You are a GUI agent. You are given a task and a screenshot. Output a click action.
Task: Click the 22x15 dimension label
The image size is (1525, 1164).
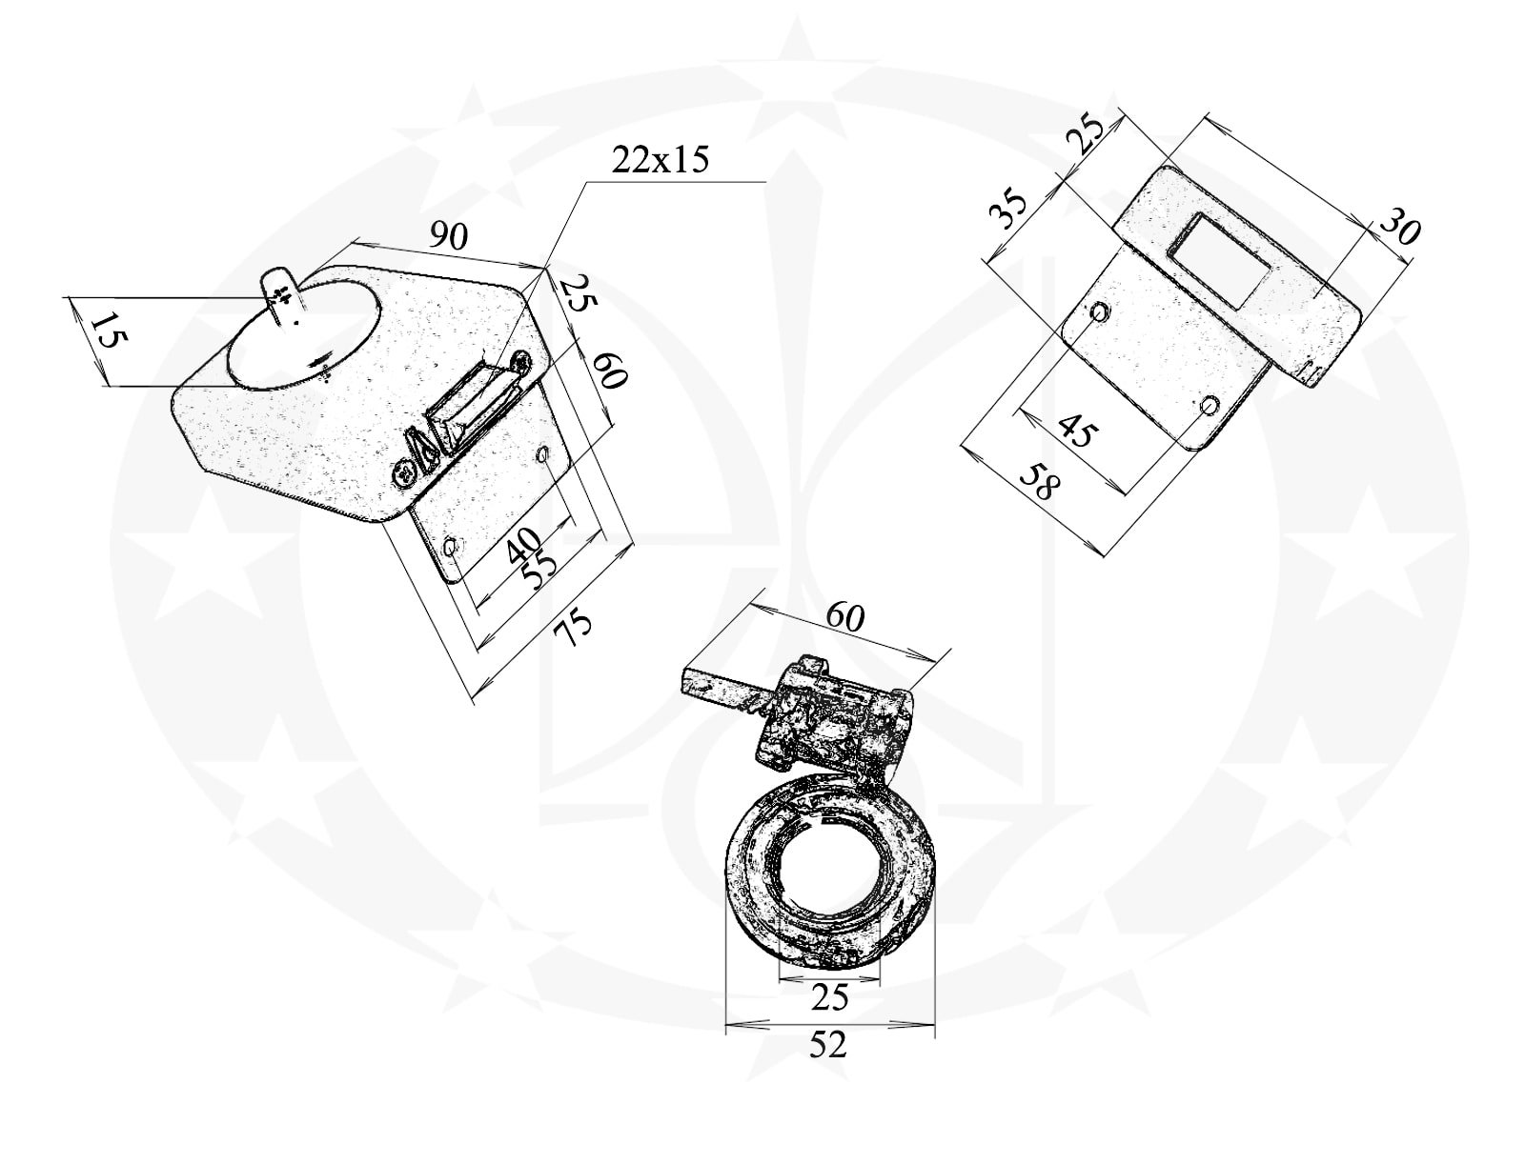click(x=660, y=160)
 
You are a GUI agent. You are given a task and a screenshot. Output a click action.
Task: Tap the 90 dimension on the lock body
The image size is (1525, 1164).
click(x=449, y=236)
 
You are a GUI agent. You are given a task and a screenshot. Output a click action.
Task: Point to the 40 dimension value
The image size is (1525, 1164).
click(x=523, y=545)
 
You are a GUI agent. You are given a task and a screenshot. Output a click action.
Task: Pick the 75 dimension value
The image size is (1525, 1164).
click(x=573, y=627)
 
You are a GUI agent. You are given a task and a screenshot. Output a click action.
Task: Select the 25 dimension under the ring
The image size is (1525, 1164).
click(x=829, y=997)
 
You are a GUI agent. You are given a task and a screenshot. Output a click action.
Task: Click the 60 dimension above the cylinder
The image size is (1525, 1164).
click(x=844, y=616)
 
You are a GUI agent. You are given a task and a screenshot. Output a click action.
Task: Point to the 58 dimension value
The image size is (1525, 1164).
click(x=1040, y=480)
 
